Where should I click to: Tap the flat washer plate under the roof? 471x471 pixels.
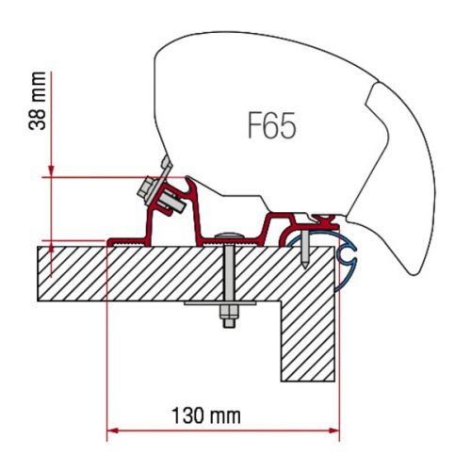tap(226, 307)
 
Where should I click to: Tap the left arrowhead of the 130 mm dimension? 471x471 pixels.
tap(112, 430)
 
